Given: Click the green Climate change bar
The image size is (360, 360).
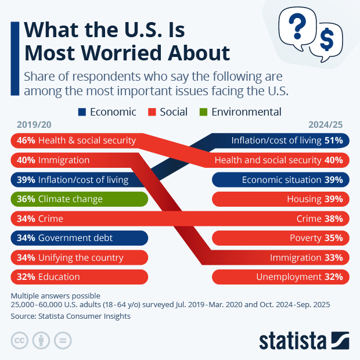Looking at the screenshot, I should (x=79, y=199).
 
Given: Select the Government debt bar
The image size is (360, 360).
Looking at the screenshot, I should (x=79, y=238).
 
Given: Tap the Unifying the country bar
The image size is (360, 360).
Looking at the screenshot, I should (x=79, y=257).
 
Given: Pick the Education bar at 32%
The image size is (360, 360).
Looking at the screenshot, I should (x=79, y=277).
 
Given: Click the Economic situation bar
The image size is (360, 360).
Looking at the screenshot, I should (x=281, y=180).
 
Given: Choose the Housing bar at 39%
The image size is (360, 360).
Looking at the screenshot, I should (x=281, y=199).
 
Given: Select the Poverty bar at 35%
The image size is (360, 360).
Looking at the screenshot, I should (x=281, y=238).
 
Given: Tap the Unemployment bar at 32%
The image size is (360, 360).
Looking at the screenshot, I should (x=281, y=277).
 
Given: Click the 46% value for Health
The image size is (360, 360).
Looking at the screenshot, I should (x=26, y=141).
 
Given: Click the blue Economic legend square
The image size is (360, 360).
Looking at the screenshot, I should (x=82, y=112).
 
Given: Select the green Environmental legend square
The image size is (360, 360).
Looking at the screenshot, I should (x=203, y=112).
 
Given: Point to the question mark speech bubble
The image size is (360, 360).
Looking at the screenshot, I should (x=297, y=27).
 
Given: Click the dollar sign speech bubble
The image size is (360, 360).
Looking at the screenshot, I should (x=326, y=42).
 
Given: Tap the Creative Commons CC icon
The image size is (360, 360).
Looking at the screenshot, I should (x=20, y=340).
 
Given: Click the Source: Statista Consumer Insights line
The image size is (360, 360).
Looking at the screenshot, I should (x=70, y=316).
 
